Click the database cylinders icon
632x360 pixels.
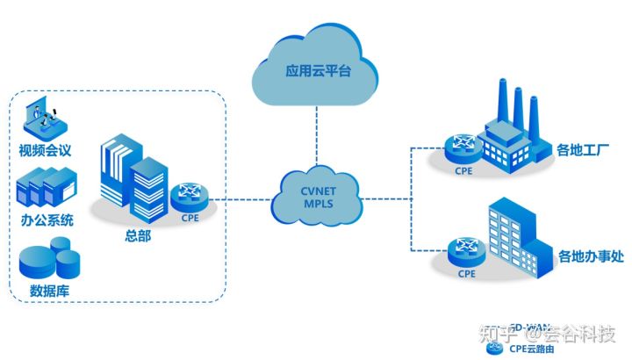(48, 261)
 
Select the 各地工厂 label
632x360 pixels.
(581, 150)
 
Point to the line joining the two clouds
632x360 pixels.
(313, 140)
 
